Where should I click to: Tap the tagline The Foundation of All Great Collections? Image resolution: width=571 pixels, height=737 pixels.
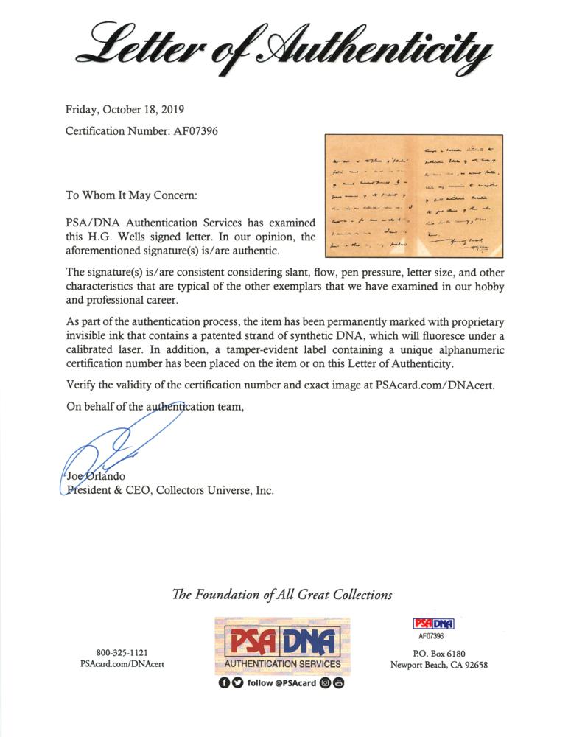tap(282, 595)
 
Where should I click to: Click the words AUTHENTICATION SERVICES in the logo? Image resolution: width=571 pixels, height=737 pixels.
tap(283, 663)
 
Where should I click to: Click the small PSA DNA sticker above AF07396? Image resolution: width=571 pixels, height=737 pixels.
tap(417, 624)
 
